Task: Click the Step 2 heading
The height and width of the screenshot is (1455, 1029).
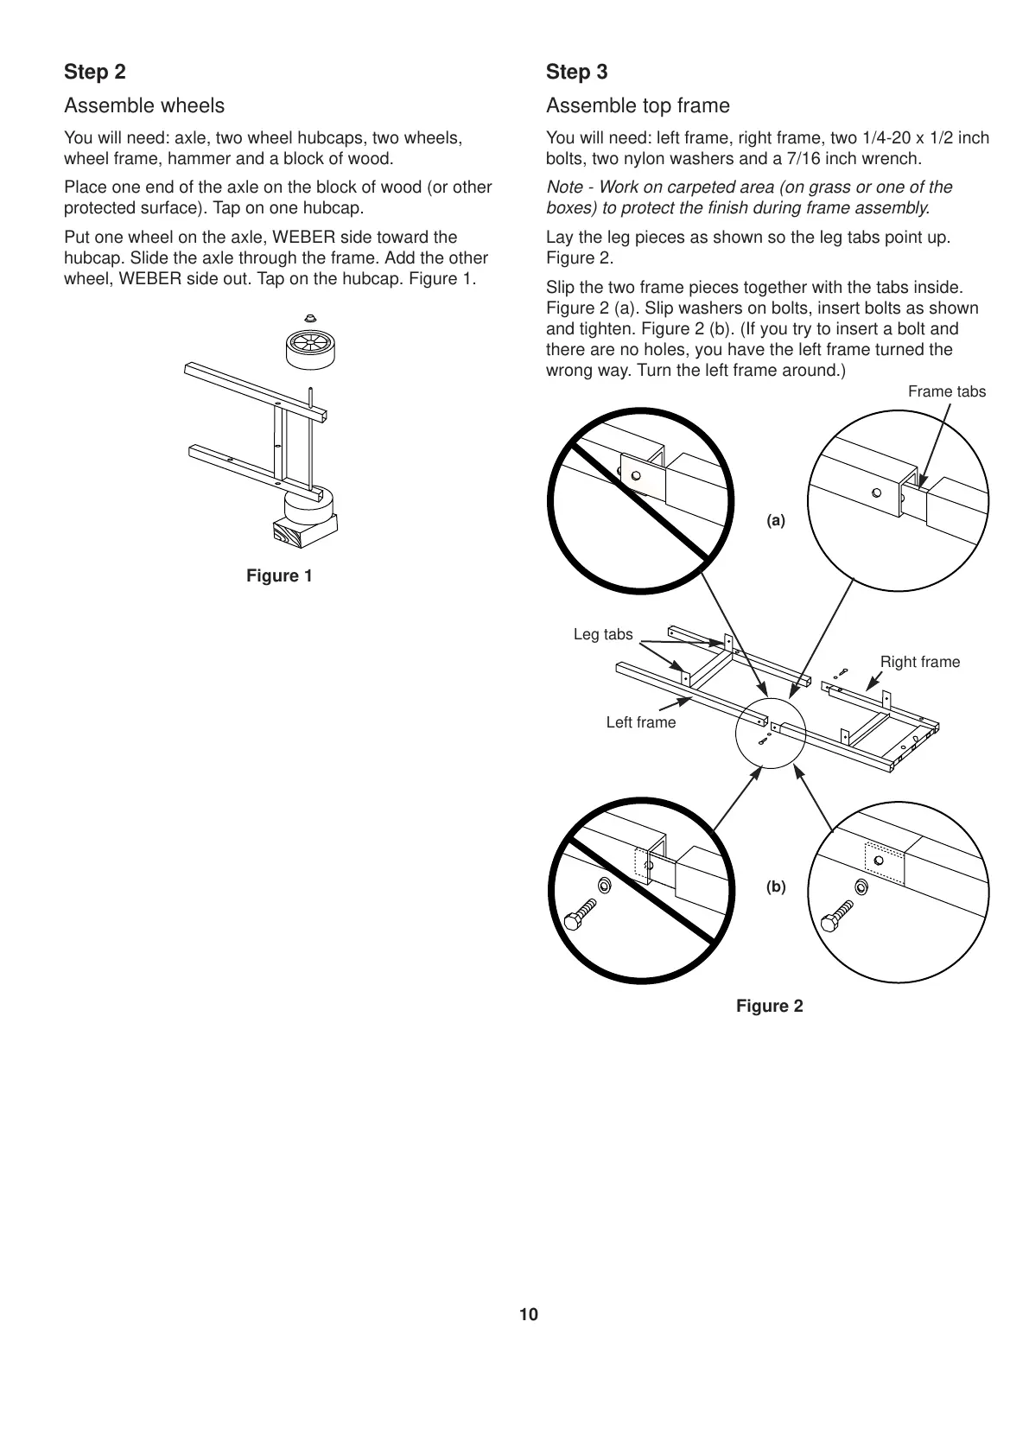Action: coord(95,72)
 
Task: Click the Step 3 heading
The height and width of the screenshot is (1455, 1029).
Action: coord(576,72)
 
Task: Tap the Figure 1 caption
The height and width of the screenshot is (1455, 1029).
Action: coord(279,576)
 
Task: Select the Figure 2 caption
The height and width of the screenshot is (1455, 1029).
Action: coord(769,1006)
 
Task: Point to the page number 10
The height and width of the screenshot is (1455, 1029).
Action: coord(529,1315)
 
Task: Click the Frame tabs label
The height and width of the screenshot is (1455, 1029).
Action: coord(946,391)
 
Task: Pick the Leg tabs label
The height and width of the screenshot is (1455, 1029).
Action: coord(603,634)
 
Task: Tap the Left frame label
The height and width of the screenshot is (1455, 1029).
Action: coord(640,722)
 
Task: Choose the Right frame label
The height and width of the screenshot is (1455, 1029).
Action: coord(919,662)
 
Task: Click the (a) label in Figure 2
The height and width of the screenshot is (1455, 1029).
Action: coord(776,520)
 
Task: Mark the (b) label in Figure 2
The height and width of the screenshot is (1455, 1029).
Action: coord(776,886)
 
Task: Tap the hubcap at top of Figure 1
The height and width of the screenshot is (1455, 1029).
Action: coord(311,316)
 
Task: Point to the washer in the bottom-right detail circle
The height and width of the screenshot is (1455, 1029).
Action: coord(861,886)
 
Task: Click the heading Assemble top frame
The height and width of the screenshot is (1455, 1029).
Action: coord(638,105)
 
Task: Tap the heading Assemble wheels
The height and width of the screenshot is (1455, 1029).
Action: coord(144,105)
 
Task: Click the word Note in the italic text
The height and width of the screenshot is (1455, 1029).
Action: coord(564,187)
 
